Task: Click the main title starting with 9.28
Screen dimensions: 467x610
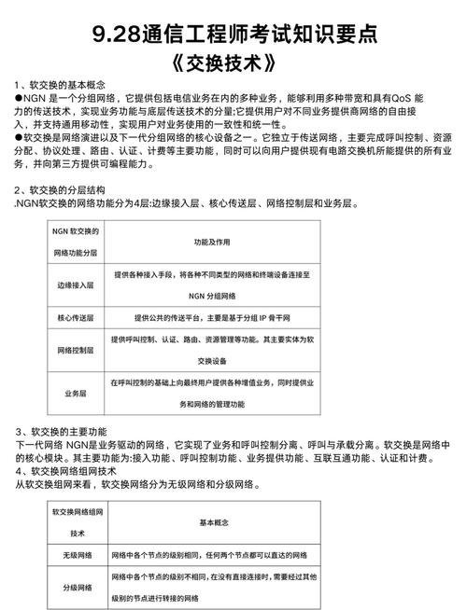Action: tap(233, 35)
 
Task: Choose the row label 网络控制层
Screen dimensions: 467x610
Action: tap(76, 349)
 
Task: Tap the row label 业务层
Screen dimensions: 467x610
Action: tap(76, 395)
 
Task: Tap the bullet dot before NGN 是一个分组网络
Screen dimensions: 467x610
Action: tap(20, 97)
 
